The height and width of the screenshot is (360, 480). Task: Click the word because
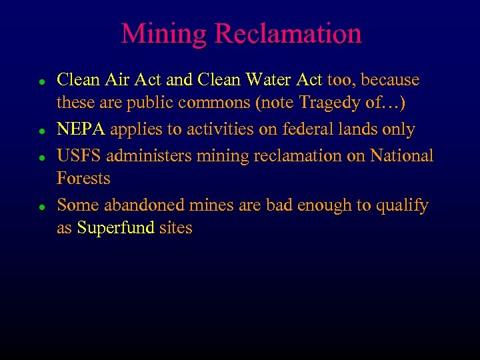coord(391,80)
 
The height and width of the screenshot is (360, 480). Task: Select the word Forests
coord(83,179)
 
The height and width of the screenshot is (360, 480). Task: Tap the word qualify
coord(401,205)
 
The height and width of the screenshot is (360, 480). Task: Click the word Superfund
coord(116,228)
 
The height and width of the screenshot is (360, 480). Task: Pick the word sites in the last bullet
coord(175,228)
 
